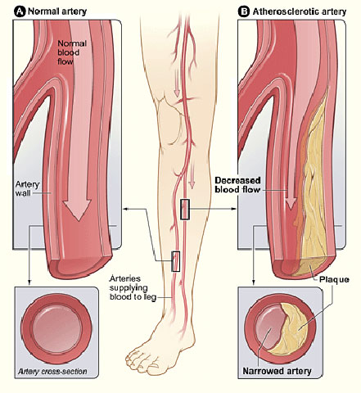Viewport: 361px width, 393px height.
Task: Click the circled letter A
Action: pyautogui.click(x=20, y=11)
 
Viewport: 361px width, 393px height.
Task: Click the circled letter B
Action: pyautogui.click(x=244, y=11)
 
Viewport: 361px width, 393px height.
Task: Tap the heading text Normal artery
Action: pyautogui.click(x=57, y=11)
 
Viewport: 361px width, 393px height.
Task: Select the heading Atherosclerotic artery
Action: pyautogui.click(x=300, y=11)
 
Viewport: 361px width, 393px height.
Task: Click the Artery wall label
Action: pyautogui.click(x=27, y=188)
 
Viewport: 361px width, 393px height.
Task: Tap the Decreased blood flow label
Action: pyautogui.click(x=237, y=185)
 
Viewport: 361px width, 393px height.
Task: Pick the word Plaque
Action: pyautogui.click(x=334, y=279)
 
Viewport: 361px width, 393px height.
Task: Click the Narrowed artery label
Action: pyautogui.click(x=277, y=371)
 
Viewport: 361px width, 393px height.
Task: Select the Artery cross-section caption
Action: pyautogui.click(x=52, y=372)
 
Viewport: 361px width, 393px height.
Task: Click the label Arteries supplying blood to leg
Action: pyautogui.click(x=133, y=287)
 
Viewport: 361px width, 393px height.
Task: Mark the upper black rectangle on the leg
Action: pyautogui.click(x=185, y=210)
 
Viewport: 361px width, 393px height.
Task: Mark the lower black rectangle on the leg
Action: pyautogui.click(x=176, y=261)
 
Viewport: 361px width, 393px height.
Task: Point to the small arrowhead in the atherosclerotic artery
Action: pyautogui.click(x=291, y=204)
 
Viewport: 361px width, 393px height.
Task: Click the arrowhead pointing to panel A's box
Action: pyautogui.click(x=126, y=209)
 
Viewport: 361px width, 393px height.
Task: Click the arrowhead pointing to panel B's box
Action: pyautogui.click(x=234, y=209)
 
